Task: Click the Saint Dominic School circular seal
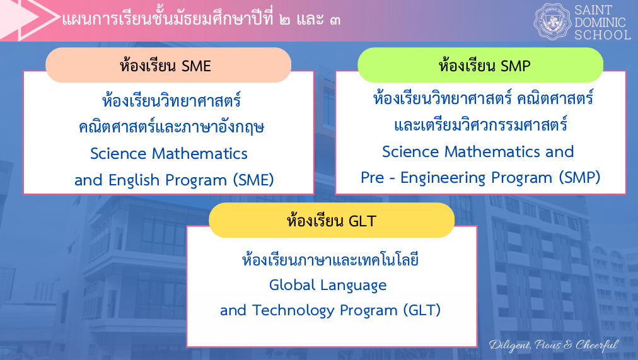[x=552, y=21]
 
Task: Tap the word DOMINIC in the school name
[x=600, y=22]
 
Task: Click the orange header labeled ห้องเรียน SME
[x=168, y=65]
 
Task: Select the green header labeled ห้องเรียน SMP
[x=480, y=65]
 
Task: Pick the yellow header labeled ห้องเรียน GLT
[x=332, y=220]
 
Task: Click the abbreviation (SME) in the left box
[x=253, y=180]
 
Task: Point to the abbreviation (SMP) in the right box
[x=579, y=177]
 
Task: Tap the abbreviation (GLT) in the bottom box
[x=422, y=310]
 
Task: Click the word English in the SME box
[x=134, y=180]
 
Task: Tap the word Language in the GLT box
[x=353, y=286]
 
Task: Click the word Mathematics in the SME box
[x=200, y=154]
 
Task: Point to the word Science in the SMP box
[x=410, y=152]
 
